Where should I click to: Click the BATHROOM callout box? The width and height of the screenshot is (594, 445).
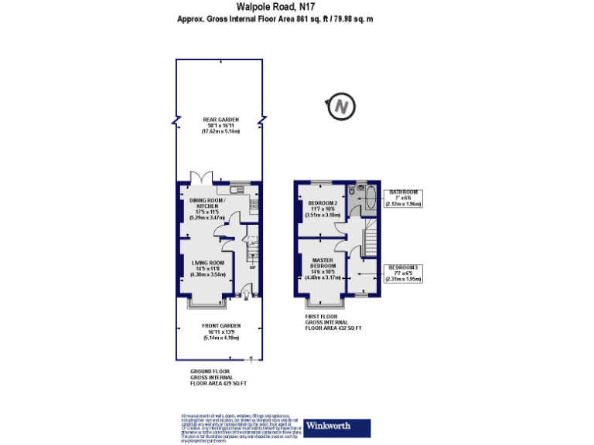tap(404, 198)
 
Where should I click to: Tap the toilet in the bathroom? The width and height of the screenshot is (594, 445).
tap(352, 189)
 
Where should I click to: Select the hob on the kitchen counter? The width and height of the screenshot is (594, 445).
tap(254, 204)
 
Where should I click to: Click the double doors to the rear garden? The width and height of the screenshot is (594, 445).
tap(203, 177)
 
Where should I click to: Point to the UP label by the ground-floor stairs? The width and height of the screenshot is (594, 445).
tap(253, 268)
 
